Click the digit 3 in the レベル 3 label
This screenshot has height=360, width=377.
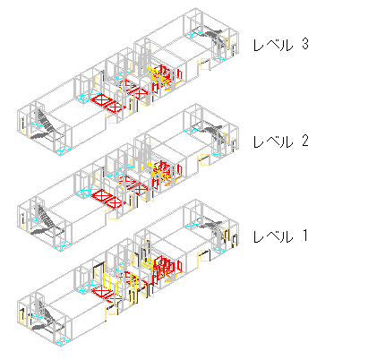coord(304,44)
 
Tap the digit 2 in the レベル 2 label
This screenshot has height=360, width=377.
coord(304,141)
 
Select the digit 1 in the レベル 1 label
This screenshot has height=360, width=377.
coord(304,236)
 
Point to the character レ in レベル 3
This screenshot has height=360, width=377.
coord(258,46)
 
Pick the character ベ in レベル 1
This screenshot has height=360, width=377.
coord(272,236)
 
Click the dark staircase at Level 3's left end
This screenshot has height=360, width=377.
coord(46,126)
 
